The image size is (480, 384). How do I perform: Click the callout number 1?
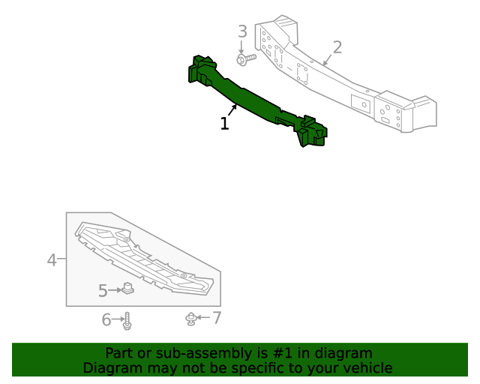(224, 124)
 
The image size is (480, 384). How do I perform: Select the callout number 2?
(337, 48)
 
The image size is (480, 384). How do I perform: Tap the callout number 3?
(242, 31)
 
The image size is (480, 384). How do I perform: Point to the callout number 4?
(52, 260)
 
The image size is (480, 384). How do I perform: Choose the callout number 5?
(103, 289)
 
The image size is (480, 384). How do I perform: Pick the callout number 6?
(106, 320)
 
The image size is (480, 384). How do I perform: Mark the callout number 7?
(217, 318)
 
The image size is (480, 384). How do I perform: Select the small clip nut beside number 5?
(128, 288)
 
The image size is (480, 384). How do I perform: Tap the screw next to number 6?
(127, 321)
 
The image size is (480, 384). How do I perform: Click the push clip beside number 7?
(193, 319)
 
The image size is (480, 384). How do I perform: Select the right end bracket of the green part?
(312, 133)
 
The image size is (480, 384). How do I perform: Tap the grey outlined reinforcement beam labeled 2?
(345, 79)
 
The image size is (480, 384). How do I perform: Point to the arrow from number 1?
(233, 111)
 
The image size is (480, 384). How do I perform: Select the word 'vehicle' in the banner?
(366, 368)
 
